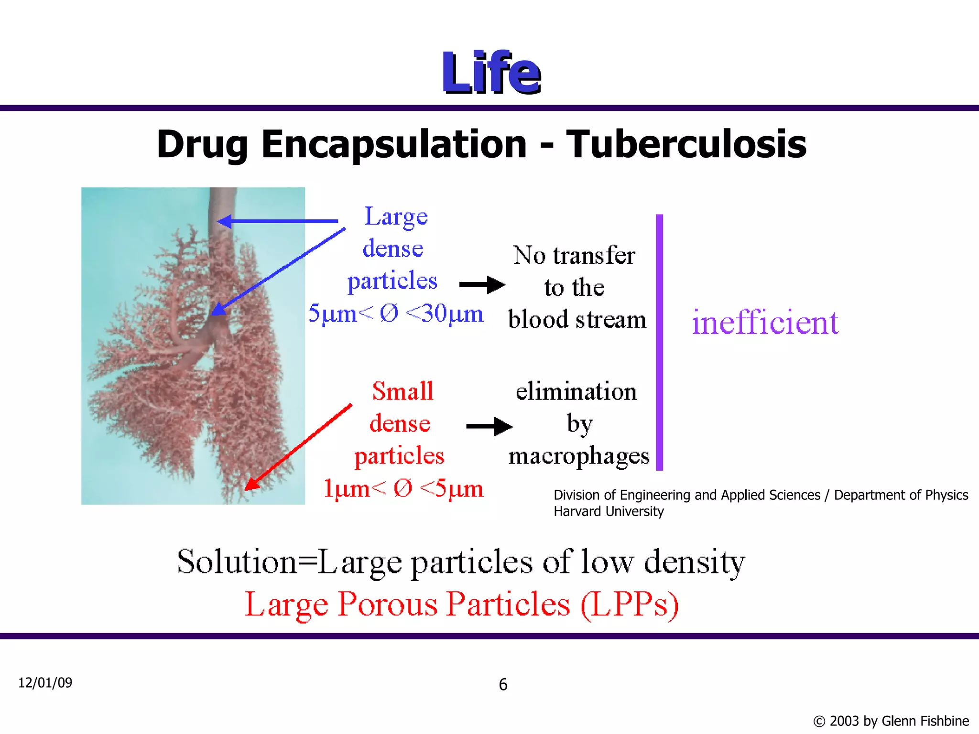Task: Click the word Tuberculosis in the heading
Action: pos(686,144)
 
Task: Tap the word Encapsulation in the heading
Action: pos(394,144)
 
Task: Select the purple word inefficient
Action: pos(765,323)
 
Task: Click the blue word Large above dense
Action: pos(396,217)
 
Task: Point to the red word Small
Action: pos(402,391)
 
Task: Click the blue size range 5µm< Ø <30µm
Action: pos(396,314)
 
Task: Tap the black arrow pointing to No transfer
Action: pos(481,285)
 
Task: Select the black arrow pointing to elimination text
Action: pos(489,426)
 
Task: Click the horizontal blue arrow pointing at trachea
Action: pos(277,221)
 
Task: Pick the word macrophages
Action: pos(579,456)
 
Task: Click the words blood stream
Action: pos(577,319)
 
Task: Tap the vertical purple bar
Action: pos(660,342)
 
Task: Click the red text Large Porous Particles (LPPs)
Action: pos(461,604)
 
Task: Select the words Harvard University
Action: pos(609,511)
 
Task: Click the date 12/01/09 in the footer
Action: pos(45,682)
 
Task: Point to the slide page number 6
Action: pos(503,685)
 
